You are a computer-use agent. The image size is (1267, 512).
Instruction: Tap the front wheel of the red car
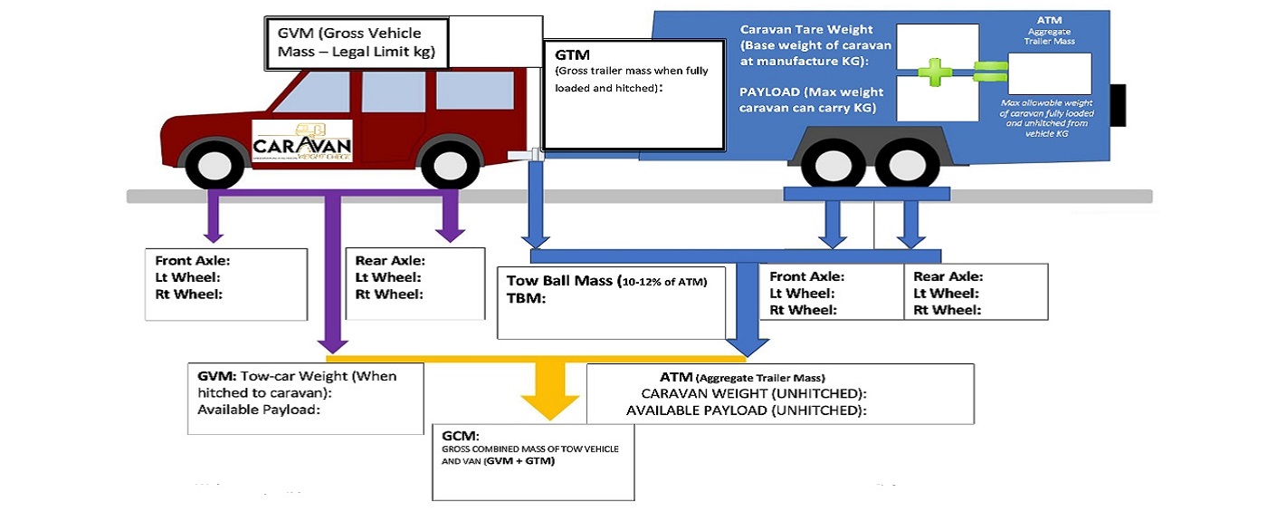[x=215, y=164]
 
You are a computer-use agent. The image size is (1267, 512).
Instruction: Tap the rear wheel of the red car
[x=452, y=164]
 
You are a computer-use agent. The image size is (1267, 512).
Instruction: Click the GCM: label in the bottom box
[x=459, y=434]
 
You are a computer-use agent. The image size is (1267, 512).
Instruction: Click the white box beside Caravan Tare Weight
[x=936, y=45]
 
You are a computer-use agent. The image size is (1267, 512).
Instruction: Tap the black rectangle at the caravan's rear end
[x=1119, y=104]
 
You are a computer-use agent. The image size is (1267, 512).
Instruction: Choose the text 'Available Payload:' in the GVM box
[x=259, y=409]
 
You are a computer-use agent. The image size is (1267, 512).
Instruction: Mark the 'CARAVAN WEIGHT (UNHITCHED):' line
[x=754, y=393]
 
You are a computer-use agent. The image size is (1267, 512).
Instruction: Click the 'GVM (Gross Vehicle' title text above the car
[x=348, y=33]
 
